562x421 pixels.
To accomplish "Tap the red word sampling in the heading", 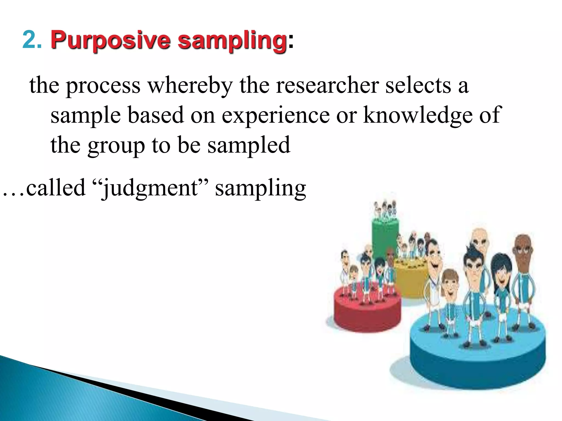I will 232,41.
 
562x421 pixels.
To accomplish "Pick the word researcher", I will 327,86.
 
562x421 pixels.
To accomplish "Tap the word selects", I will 418,86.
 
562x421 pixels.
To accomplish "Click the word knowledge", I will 418,115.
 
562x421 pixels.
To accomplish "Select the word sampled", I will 248,145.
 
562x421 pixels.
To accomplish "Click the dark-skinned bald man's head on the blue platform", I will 523,248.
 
